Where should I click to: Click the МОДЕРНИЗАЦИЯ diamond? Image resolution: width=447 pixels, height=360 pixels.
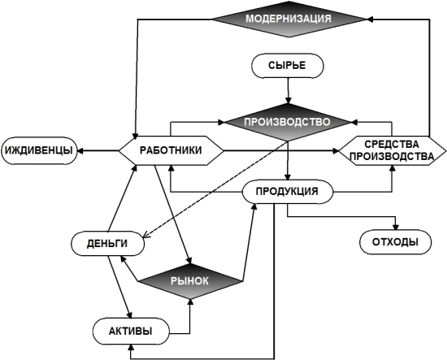pos(289,20)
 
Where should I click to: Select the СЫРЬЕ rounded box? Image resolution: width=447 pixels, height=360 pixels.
pos(288,66)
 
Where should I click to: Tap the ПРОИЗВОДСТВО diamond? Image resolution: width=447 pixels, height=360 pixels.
pos(288,122)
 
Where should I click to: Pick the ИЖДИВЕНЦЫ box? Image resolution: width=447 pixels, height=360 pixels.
pos(39,150)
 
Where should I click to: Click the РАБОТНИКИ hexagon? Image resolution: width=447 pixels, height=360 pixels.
pos(171,150)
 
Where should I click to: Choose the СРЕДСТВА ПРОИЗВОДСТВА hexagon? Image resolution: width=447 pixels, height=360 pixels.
pos(393,150)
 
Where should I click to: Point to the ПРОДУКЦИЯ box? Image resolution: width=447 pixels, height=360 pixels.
pos(288,191)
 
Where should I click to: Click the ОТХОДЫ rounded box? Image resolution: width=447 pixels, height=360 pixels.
pos(396,242)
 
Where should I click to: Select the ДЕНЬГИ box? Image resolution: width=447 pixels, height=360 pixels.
pos(107,244)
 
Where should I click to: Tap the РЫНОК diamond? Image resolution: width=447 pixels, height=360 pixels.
pos(190,281)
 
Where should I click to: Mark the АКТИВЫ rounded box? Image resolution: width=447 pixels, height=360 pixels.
pos(131,332)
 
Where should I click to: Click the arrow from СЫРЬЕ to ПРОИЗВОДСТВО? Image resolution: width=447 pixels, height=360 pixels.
pos(288,91)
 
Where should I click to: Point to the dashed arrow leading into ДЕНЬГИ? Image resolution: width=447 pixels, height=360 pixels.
pos(214,189)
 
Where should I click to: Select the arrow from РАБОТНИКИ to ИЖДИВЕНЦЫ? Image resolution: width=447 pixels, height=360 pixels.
pos(98,150)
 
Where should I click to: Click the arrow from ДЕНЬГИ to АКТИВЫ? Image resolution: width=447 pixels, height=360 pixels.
pos(120,287)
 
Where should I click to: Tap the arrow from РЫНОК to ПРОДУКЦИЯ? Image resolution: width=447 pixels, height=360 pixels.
pos(249,242)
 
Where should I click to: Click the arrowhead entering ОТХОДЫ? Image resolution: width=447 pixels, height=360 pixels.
pos(396,227)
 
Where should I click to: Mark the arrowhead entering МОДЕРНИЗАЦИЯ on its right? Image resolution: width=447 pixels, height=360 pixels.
pos(370,20)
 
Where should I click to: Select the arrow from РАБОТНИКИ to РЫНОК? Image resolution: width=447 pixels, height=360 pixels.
pos(173,214)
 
